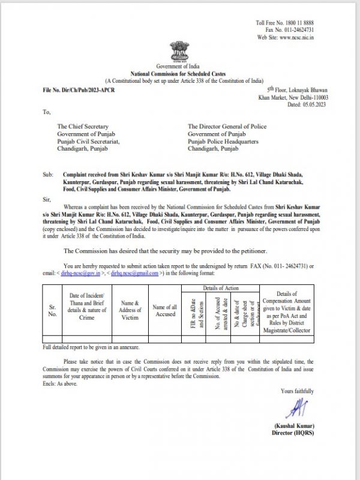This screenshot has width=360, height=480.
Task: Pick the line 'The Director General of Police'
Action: click(227, 127)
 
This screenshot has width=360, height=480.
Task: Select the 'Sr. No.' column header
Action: click(53, 310)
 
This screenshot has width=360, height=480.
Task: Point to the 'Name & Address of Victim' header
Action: click(130, 310)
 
